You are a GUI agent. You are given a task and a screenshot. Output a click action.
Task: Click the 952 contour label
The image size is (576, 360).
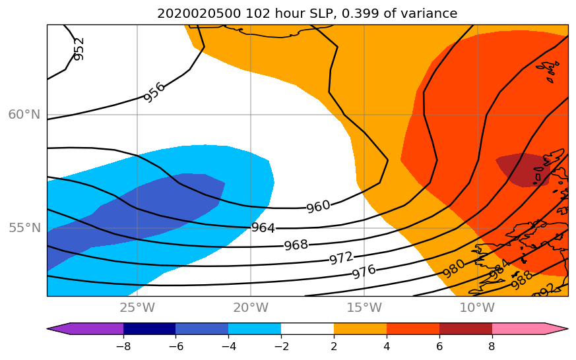pyautogui.click(x=79, y=49)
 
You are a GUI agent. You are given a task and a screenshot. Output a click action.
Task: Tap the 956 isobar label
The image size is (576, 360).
pyautogui.click(x=154, y=92)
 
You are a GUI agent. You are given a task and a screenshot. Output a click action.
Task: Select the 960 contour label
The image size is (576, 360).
pyautogui.click(x=318, y=206)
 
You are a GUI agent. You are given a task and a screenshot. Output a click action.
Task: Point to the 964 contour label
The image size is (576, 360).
pyautogui.click(x=263, y=228)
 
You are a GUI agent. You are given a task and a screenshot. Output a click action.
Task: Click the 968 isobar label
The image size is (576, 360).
pyautogui.click(x=296, y=245)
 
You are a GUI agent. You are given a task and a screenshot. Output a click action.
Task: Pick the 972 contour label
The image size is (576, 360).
pyautogui.click(x=341, y=258)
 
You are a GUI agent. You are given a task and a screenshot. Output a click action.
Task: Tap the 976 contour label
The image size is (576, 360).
pyautogui.click(x=364, y=270)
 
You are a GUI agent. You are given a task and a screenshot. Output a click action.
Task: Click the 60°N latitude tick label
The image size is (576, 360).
pyautogui.click(x=24, y=115)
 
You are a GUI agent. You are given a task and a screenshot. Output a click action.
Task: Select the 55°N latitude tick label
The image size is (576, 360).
pyautogui.click(x=24, y=228)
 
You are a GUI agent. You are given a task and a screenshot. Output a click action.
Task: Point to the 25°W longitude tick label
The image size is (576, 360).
pyautogui.click(x=137, y=308)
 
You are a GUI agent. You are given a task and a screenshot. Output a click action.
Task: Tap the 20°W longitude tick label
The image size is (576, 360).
pyautogui.click(x=251, y=308)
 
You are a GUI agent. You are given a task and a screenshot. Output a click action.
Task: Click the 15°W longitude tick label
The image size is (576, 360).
pyautogui.click(x=364, y=308)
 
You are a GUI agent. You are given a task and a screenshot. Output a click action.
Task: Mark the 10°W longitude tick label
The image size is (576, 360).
pyautogui.click(x=477, y=308)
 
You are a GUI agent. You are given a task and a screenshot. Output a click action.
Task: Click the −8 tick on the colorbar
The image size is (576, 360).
pyautogui.click(x=123, y=344)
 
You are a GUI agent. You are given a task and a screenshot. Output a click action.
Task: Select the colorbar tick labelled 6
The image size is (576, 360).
pyautogui.click(x=439, y=344)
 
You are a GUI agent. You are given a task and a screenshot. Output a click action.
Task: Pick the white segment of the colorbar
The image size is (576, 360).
pyautogui.click(x=307, y=328)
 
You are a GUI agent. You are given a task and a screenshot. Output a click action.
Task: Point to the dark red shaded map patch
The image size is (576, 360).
pyautogui.click(x=521, y=168)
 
